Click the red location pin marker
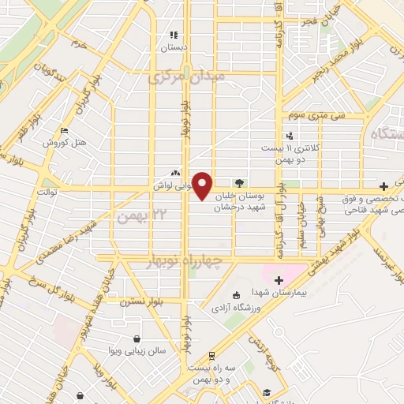(x=203, y=185)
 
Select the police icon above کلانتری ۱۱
(x=290, y=135)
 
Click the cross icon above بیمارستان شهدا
(x=278, y=280)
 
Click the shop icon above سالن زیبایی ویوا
(x=137, y=338)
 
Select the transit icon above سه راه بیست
(x=211, y=356)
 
